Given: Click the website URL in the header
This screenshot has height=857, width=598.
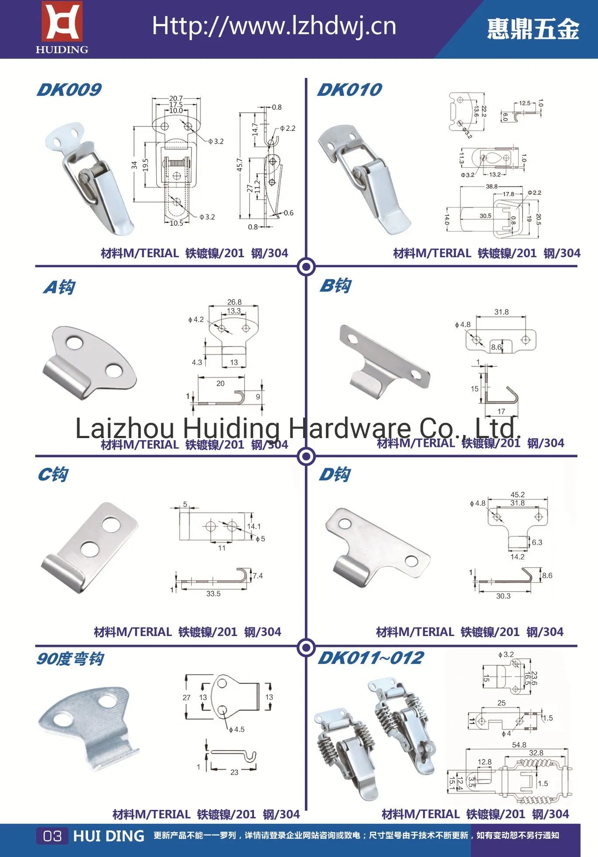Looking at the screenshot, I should click(x=274, y=27).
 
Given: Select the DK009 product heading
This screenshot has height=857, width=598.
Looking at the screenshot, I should click(x=69, y=90).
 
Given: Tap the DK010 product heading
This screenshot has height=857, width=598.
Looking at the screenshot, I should click(x=349, y=90).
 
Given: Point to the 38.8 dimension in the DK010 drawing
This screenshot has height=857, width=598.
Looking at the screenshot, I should click(x=492, y=186).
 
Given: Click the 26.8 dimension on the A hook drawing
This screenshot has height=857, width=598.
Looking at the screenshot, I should click(x=234, y=302).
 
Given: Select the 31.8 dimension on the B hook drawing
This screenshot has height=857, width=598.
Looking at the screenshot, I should click(x=501, y=312).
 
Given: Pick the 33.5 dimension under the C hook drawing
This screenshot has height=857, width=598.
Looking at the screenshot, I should click(x=213, y=594).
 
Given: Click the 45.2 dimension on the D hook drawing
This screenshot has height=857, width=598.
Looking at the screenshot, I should click(x=517, y=494).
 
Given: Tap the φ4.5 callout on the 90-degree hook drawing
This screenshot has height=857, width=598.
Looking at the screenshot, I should click(x=236, y=729).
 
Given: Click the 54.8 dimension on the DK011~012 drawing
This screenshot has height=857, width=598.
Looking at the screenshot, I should click(x=519, y=745).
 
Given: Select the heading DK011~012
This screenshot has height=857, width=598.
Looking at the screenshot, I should click(x=370, y=658).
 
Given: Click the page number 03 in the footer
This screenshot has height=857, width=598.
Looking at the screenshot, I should click(x=52, y=836).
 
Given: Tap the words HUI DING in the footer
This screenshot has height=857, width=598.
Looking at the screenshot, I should click(x=109, y=836).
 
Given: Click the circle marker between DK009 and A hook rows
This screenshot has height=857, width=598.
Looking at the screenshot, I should click(x=306, y=266).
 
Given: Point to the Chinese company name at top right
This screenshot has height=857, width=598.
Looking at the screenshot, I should click(x=533, y=29).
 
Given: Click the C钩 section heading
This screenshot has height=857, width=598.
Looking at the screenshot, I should click(x=53, y=475).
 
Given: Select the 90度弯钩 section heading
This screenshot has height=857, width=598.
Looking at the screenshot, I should click(x=70, y=659).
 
